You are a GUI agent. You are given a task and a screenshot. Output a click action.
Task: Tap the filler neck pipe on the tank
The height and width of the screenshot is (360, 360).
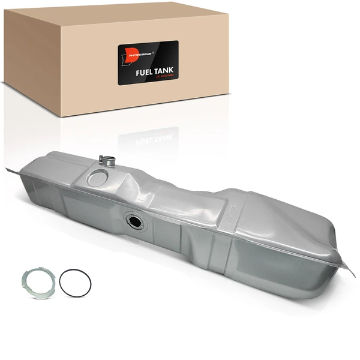[x=108, y=161]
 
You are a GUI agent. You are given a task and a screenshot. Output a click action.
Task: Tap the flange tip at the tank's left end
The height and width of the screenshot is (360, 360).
[x=8, y=169]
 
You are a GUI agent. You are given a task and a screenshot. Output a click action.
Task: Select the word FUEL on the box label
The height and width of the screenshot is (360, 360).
[x=144, y=71]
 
